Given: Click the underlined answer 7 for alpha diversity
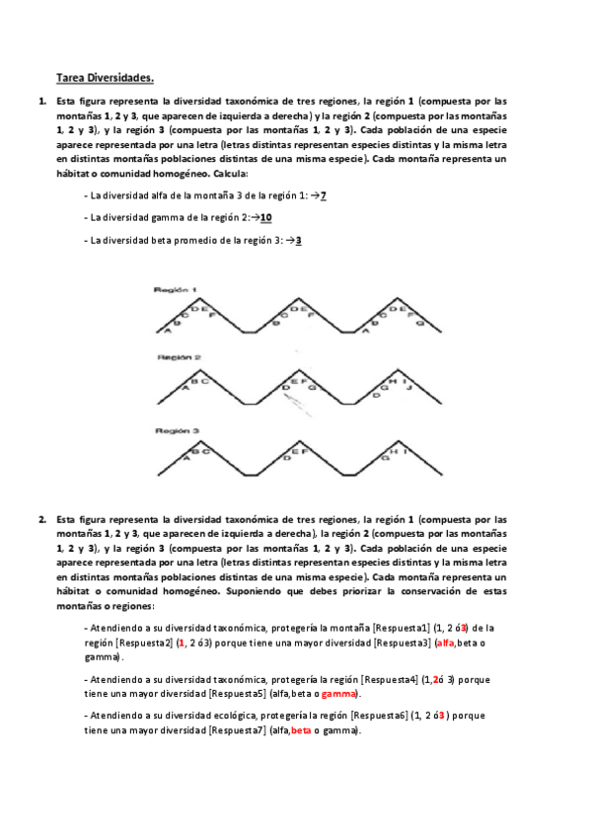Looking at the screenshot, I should point(323,195).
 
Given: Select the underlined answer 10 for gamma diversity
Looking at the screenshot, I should point(266,217).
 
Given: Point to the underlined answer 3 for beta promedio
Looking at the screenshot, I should point(298,239).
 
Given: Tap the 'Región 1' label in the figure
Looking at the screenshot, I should point(176,289).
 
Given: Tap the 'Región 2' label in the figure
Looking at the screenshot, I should point(176,357).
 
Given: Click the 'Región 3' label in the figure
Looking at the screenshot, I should point(176,430).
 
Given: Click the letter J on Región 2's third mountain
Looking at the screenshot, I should point(409,388).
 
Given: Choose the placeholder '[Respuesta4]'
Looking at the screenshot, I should point(391,679).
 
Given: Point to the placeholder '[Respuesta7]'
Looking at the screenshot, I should point(237,730).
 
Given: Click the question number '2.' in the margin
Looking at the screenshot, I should point(42,518).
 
